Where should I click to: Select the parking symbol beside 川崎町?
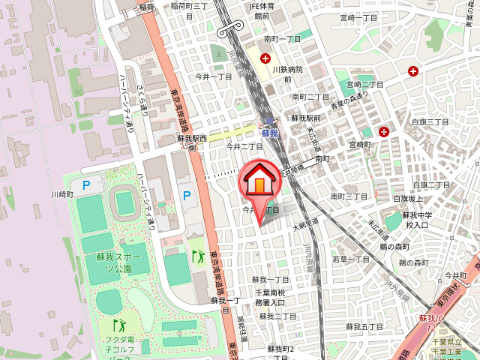[85, 184]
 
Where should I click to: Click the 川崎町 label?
[62, 194]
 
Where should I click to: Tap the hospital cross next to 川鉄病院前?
[265, 58]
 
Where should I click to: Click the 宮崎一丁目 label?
[358, 17]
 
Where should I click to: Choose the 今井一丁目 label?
[214, 76]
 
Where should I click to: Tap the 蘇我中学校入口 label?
[416, 220]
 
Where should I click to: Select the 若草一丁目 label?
[351, 259]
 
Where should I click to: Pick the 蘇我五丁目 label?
[364, 327]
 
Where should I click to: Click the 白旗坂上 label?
[408, 199]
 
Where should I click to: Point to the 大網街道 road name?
[306, 223]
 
